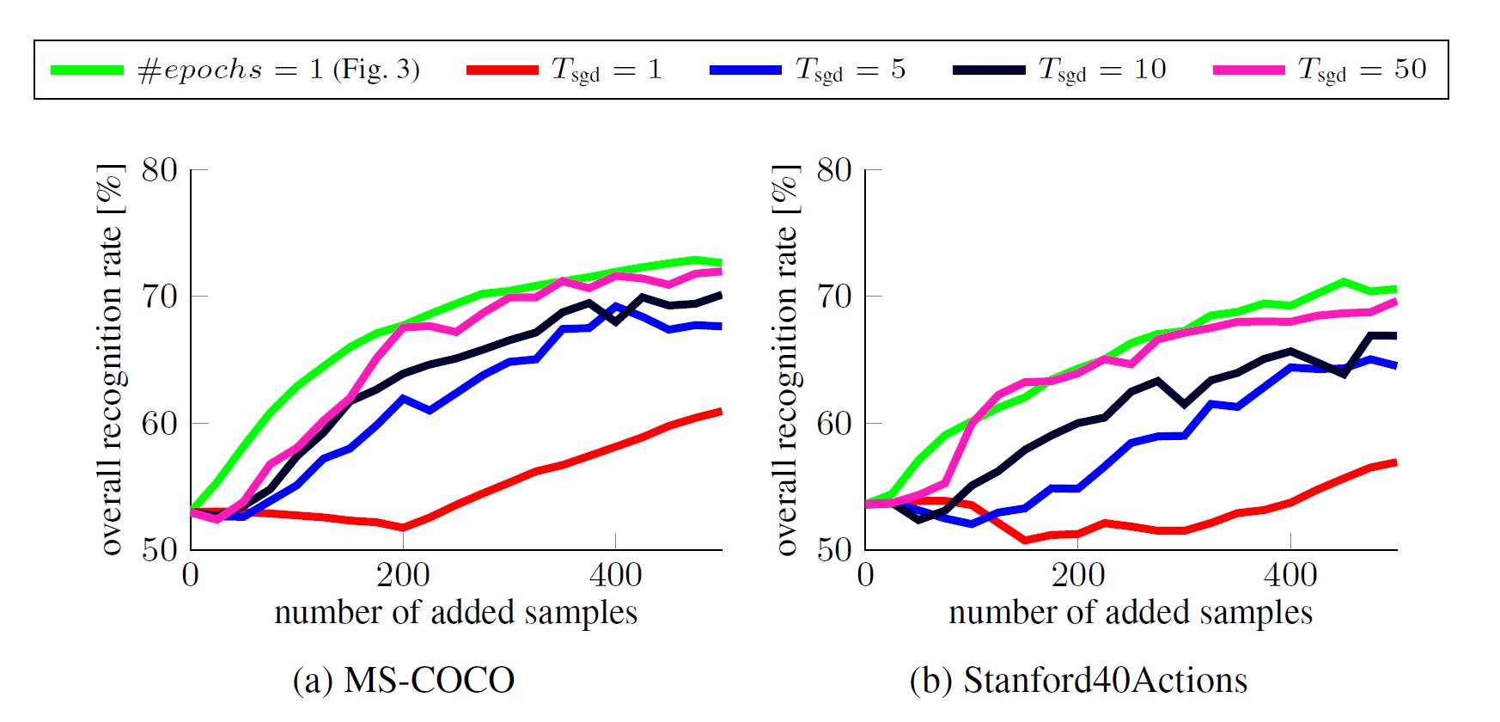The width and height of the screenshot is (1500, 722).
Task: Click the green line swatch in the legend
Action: coord(87,70)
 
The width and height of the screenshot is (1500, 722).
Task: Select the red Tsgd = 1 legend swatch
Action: coord(503,70)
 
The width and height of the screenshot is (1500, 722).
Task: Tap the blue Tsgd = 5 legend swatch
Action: coord(746,70)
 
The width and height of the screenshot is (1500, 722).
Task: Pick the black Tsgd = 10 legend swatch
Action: coord(989,70)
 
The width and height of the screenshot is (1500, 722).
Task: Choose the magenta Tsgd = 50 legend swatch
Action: coord(1249,70)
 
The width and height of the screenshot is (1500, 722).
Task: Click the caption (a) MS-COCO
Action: coord(404,680)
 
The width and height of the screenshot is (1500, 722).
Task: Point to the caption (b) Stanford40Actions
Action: coord(1078,680)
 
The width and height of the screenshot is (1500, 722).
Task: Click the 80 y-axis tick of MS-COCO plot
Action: coord(160,170)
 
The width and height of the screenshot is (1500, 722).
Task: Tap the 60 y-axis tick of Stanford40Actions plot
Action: coord(834,423)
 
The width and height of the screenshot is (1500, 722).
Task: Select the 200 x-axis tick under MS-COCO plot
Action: coord(403,574)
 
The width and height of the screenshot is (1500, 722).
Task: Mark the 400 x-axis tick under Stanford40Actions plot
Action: coord(1290,574)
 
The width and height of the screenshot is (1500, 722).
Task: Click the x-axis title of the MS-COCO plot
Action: coord(456,612)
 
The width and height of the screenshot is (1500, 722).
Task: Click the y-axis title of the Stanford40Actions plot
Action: coord(787,359)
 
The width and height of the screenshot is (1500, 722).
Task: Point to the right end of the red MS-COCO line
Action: coord(721,411)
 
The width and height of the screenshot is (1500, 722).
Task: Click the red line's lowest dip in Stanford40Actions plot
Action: coord(1025,540)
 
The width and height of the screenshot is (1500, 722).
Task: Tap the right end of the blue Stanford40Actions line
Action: coord(1396,365)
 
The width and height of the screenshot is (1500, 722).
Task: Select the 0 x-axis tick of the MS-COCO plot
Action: coord(191,574)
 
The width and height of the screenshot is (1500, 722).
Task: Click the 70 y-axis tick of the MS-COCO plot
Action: coord(160,297)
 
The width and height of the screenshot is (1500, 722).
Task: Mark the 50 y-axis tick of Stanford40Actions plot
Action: coord(834,548)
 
